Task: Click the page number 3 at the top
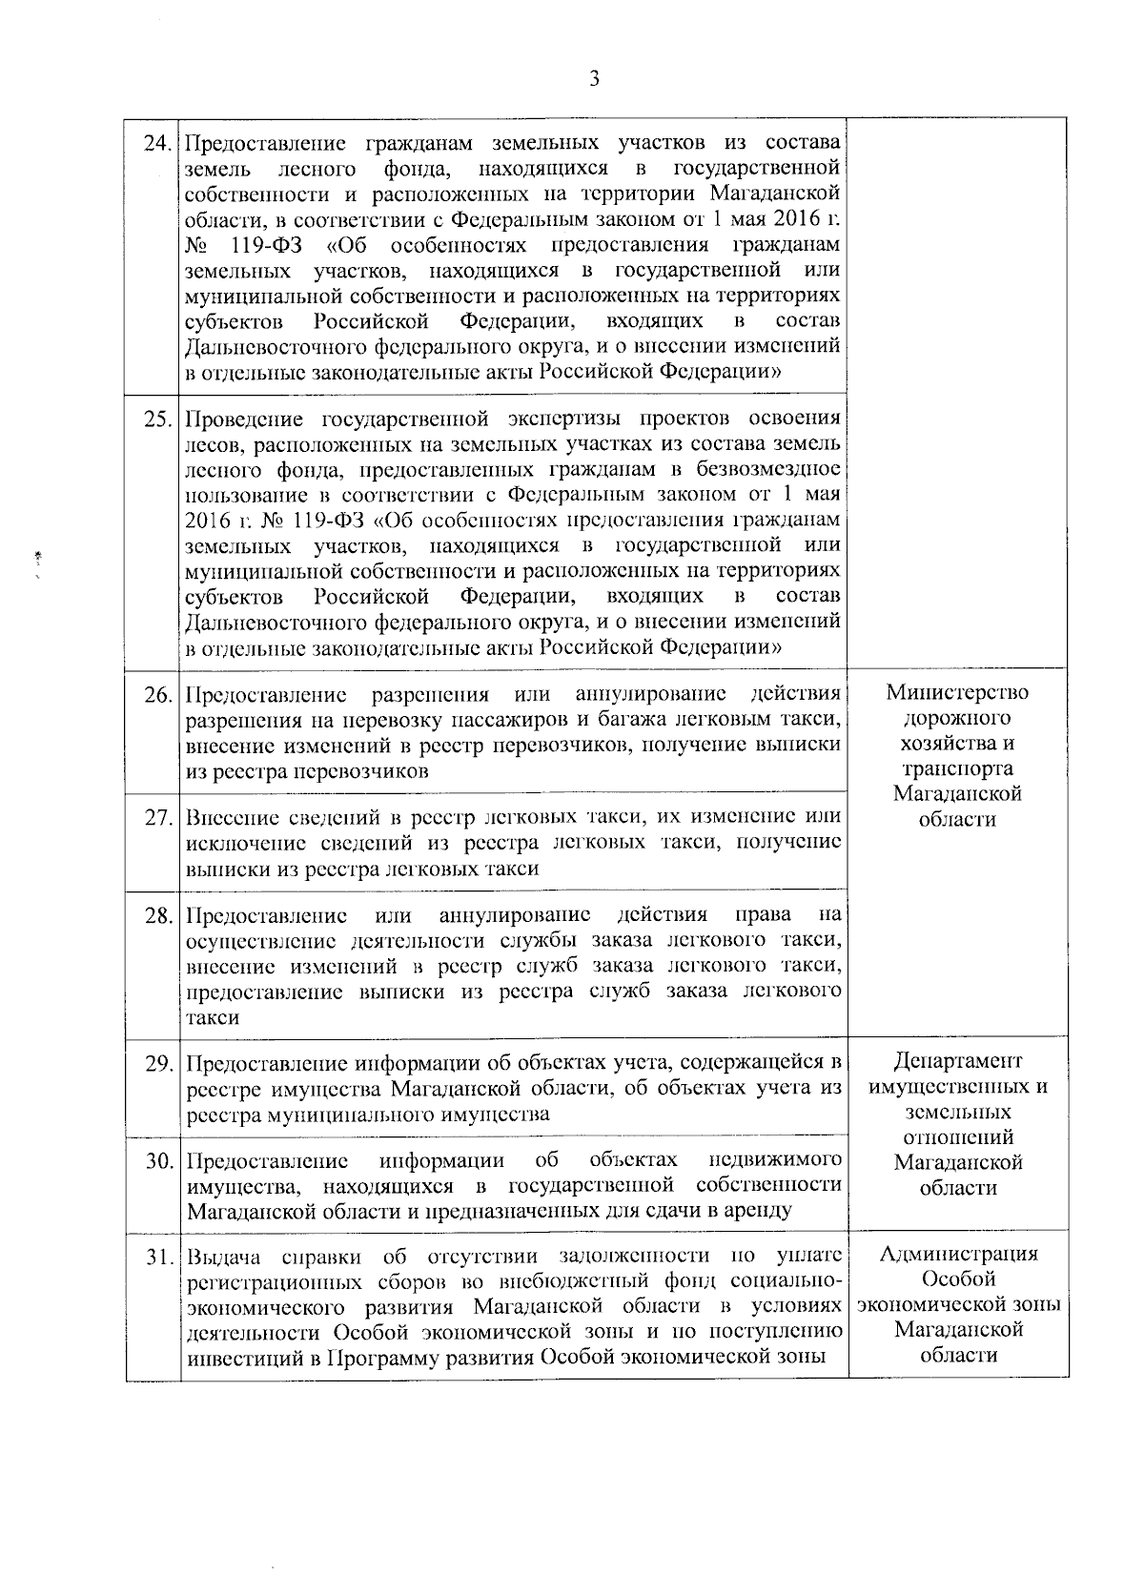(594, 80)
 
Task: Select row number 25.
(157, 420)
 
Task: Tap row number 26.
(157, 695)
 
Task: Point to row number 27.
(157, 819)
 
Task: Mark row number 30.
(157, 1161)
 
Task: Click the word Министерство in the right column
(957, 692)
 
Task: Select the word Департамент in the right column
(957, 1062)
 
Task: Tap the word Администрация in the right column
(957, 1254)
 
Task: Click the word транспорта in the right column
(957, 768)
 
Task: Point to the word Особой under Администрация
(957, 1279)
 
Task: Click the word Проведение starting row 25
(245, 420)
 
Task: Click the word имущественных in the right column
(957, 1088)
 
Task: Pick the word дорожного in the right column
(957, 718)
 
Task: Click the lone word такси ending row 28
(212, 1017)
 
